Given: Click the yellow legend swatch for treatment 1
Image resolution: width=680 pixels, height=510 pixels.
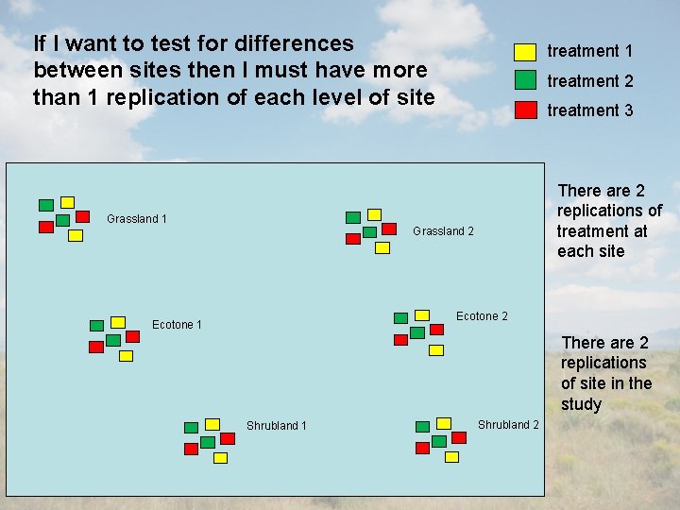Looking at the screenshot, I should tap(525, 51).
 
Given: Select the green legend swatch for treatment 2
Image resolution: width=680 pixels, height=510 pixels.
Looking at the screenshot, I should tap(525, 80).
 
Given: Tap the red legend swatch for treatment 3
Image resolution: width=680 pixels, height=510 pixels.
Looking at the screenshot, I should tap(525, 110).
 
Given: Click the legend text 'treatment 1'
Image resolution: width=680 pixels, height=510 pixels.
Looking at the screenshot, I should tap(589, 51).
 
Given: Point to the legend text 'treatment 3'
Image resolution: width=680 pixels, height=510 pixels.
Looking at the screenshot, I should tap(589, 110).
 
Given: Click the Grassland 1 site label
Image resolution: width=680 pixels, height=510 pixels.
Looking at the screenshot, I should tap(137, 219).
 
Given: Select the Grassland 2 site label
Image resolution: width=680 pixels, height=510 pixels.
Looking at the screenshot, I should tap(443, 232).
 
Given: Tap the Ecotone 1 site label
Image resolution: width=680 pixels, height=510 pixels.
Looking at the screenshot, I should tap(177, 325).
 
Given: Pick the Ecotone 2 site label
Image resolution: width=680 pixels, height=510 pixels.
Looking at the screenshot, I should tap(482, 316).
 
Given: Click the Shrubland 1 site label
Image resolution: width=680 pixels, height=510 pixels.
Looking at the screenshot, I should tap(276, 426).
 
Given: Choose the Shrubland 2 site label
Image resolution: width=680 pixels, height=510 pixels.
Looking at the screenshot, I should tap(508, 425).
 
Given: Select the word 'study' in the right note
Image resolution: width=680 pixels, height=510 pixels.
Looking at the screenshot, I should tap(581, 404).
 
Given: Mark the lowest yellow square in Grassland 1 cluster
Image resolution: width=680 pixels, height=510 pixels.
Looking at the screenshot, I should tap(76, 235).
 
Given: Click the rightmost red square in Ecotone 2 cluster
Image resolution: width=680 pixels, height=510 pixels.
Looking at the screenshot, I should tap(436, 330).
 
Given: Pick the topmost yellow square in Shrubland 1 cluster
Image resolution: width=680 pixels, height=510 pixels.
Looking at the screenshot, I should tap(212, 424).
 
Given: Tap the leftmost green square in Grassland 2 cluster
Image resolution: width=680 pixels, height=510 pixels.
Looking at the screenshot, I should tap(352, 217).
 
